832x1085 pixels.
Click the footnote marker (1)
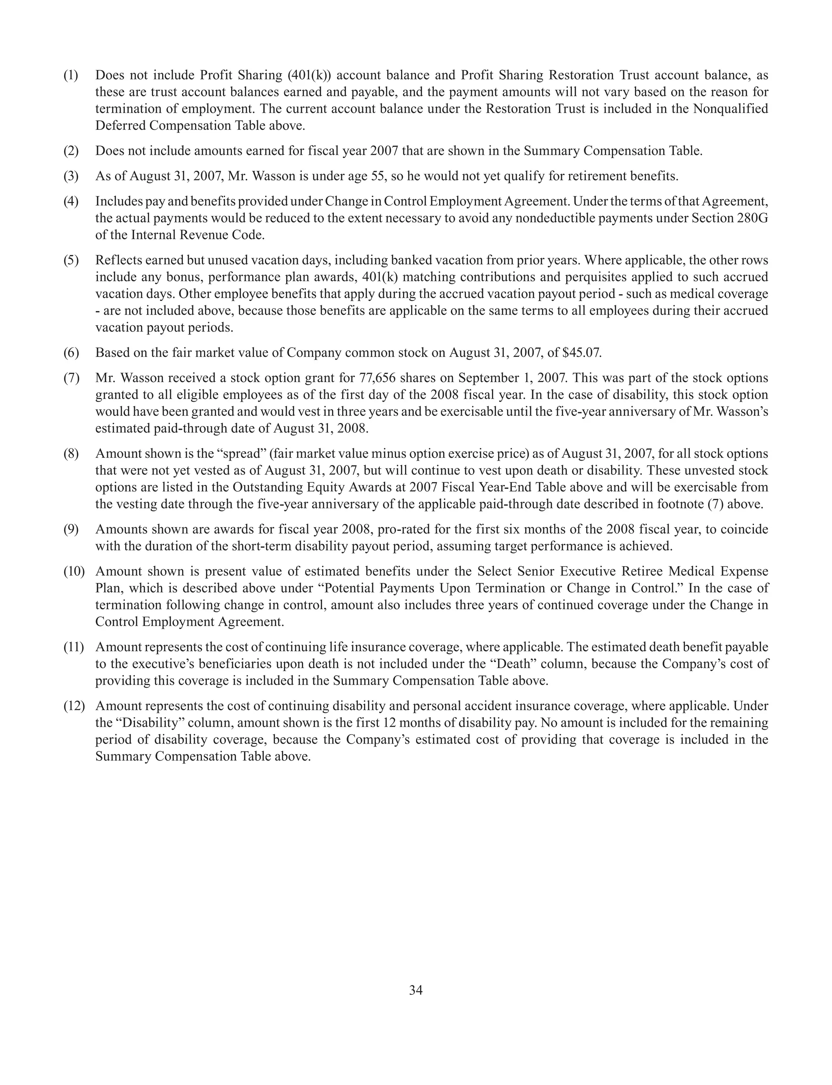(x=71, y=75)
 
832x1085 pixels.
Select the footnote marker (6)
(x=71, y=353)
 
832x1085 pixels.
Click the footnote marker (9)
(x=71, y=529)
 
